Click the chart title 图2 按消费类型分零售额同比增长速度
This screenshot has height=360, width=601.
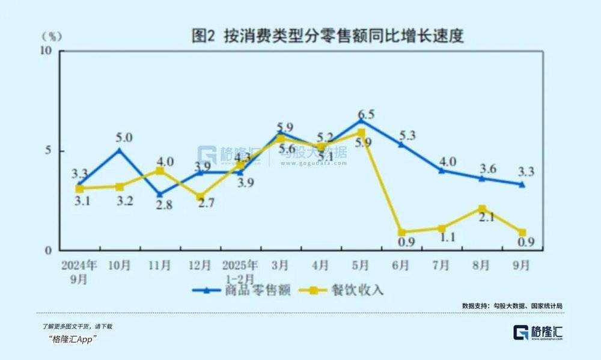tap(328, 36)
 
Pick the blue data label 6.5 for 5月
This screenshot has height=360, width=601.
tap(365, 114)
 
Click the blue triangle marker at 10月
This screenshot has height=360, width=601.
tap(119, 150)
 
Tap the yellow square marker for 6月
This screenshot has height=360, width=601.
tap(401, 232)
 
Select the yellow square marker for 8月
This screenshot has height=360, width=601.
tap(482, 209)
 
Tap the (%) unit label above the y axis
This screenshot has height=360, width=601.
tap(52, 36)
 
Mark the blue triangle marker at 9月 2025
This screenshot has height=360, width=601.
tap(522, 184)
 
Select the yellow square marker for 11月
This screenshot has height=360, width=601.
tap(159, 171)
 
